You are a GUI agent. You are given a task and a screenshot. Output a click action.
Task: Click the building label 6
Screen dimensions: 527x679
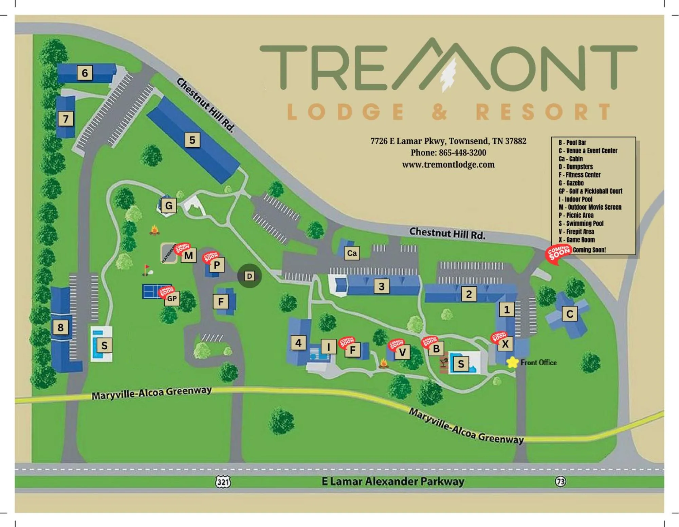(x=85, y=73)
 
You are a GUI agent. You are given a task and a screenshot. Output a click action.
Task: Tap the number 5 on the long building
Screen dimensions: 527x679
(x=192, y=140)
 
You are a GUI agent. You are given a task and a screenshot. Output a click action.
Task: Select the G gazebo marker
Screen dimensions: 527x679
(x=168, y=206)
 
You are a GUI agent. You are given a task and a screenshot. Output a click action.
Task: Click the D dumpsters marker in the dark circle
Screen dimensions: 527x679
(x=250, y=276)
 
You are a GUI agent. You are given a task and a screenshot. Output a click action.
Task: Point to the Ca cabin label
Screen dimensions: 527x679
(x=352, y=253)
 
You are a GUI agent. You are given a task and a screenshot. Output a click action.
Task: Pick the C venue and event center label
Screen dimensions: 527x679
(x=570, y=314)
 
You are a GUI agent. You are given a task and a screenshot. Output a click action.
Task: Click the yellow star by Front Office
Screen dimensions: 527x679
(x=512, y=362)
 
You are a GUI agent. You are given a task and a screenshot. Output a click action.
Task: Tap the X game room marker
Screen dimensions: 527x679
(x=505, y=344)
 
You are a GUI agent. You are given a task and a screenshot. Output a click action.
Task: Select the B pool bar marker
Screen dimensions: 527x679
(x=436, y=349)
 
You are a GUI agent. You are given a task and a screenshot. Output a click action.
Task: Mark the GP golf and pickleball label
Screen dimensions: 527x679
(x=172, y=299)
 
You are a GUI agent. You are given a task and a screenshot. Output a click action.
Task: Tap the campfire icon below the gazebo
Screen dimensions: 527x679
(x=155, y=230)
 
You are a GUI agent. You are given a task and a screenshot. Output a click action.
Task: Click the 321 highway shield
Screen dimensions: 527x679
(x=223, y=482)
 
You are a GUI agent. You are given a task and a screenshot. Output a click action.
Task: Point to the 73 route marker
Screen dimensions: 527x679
(x=561, y=481)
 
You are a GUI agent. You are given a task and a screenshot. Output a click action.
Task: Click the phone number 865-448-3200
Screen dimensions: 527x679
(x=448, y=153)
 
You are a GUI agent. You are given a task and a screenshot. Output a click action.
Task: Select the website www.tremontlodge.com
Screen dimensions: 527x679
(x=448, y=165)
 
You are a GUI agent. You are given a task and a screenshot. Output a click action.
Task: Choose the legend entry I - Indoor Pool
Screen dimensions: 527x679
(x=575, y=199)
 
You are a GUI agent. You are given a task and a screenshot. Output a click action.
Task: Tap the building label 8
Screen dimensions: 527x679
(x=60, y=328)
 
